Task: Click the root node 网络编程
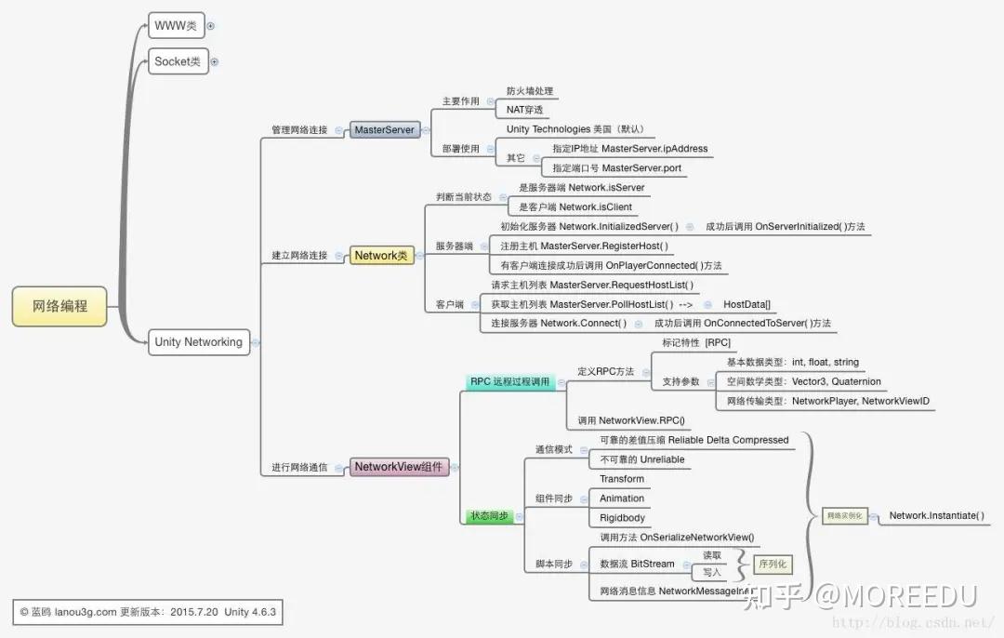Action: (x=59, y=306)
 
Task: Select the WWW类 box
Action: (x=176, y=25)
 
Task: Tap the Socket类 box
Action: (x=177, y=62)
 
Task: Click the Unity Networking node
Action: (x=198, y=342)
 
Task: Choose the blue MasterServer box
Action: (x=383, y=130)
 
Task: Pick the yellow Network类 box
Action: (x=382, y=255)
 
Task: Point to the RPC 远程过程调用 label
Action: (x=509, y=381)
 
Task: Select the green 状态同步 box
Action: (x=489, y=515)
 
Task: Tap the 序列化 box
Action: (x=773, y=564)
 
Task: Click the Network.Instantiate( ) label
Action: (x=936, y=515)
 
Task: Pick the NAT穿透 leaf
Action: (x=524, y=110)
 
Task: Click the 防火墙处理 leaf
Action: (x=530, y=91)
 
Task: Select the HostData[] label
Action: (x=746, y=304)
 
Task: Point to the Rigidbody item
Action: (x=622, y=518)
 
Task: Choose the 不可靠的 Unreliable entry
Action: (x=641, y=459)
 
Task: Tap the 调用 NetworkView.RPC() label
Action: (x=630, y=420)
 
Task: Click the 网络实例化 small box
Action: (x=844, y=516)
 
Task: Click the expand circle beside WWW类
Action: (x=211, y=26)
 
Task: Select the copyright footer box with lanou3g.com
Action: (x=147, y=612)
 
